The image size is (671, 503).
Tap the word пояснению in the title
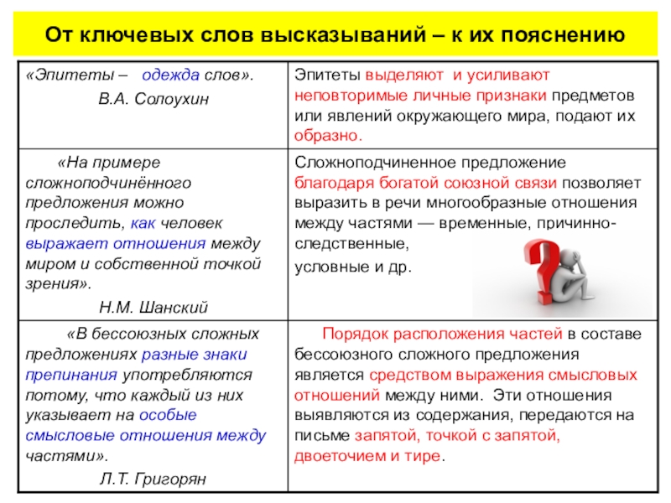pyautogui.click(x=564, y=36)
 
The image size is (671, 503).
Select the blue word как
pyautogui.click(x=142, y=223)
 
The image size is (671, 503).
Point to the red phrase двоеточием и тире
pyautogui.click(x=367, y=457)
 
